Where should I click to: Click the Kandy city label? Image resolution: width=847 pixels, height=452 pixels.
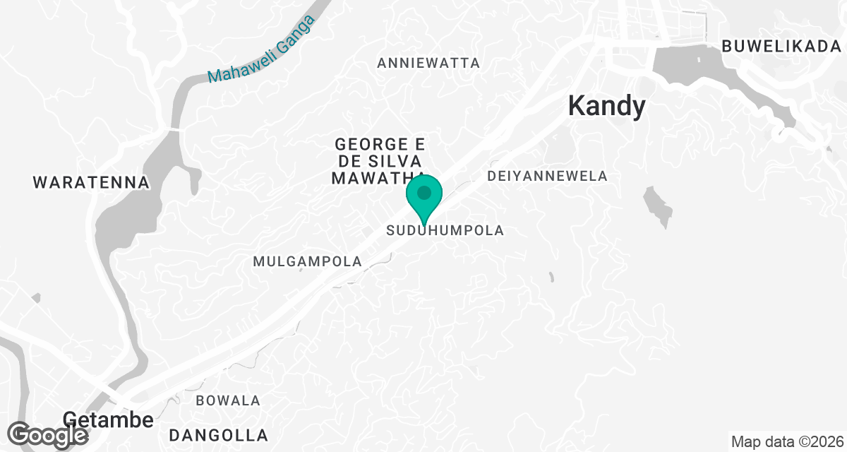click(607, 107)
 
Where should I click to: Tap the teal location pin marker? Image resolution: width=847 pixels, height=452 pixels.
click(424, 194)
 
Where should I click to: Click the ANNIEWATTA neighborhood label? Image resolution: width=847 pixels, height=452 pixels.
click(428, 63)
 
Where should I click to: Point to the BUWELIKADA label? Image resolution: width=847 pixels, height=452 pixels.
click(782, 47)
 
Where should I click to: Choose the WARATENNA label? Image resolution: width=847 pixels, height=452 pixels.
click(91, 183)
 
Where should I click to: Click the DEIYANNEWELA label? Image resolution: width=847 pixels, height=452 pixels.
click(548, 176)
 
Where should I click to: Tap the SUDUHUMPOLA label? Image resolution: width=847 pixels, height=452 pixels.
click(445, 230)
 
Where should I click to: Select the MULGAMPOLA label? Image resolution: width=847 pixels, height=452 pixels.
click(307, 261)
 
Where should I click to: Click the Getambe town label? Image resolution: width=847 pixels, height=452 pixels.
click(108, 420)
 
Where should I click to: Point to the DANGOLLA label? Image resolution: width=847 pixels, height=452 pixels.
click(218, 435)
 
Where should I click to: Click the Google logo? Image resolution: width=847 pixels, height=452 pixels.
click(48, 434)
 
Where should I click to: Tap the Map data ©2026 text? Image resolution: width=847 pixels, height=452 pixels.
click(786, 442)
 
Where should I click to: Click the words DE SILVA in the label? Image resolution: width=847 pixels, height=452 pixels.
click(380, 161)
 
